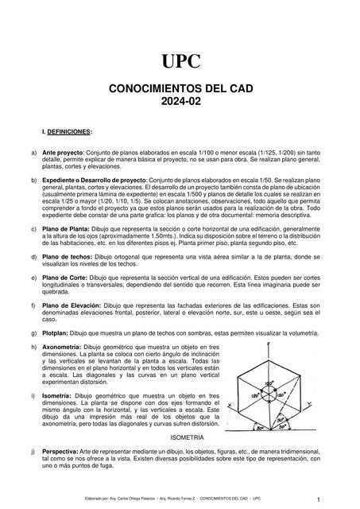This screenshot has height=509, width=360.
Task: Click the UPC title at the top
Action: click(180, 62)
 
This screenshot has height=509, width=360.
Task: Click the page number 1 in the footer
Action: click(317, 499)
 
